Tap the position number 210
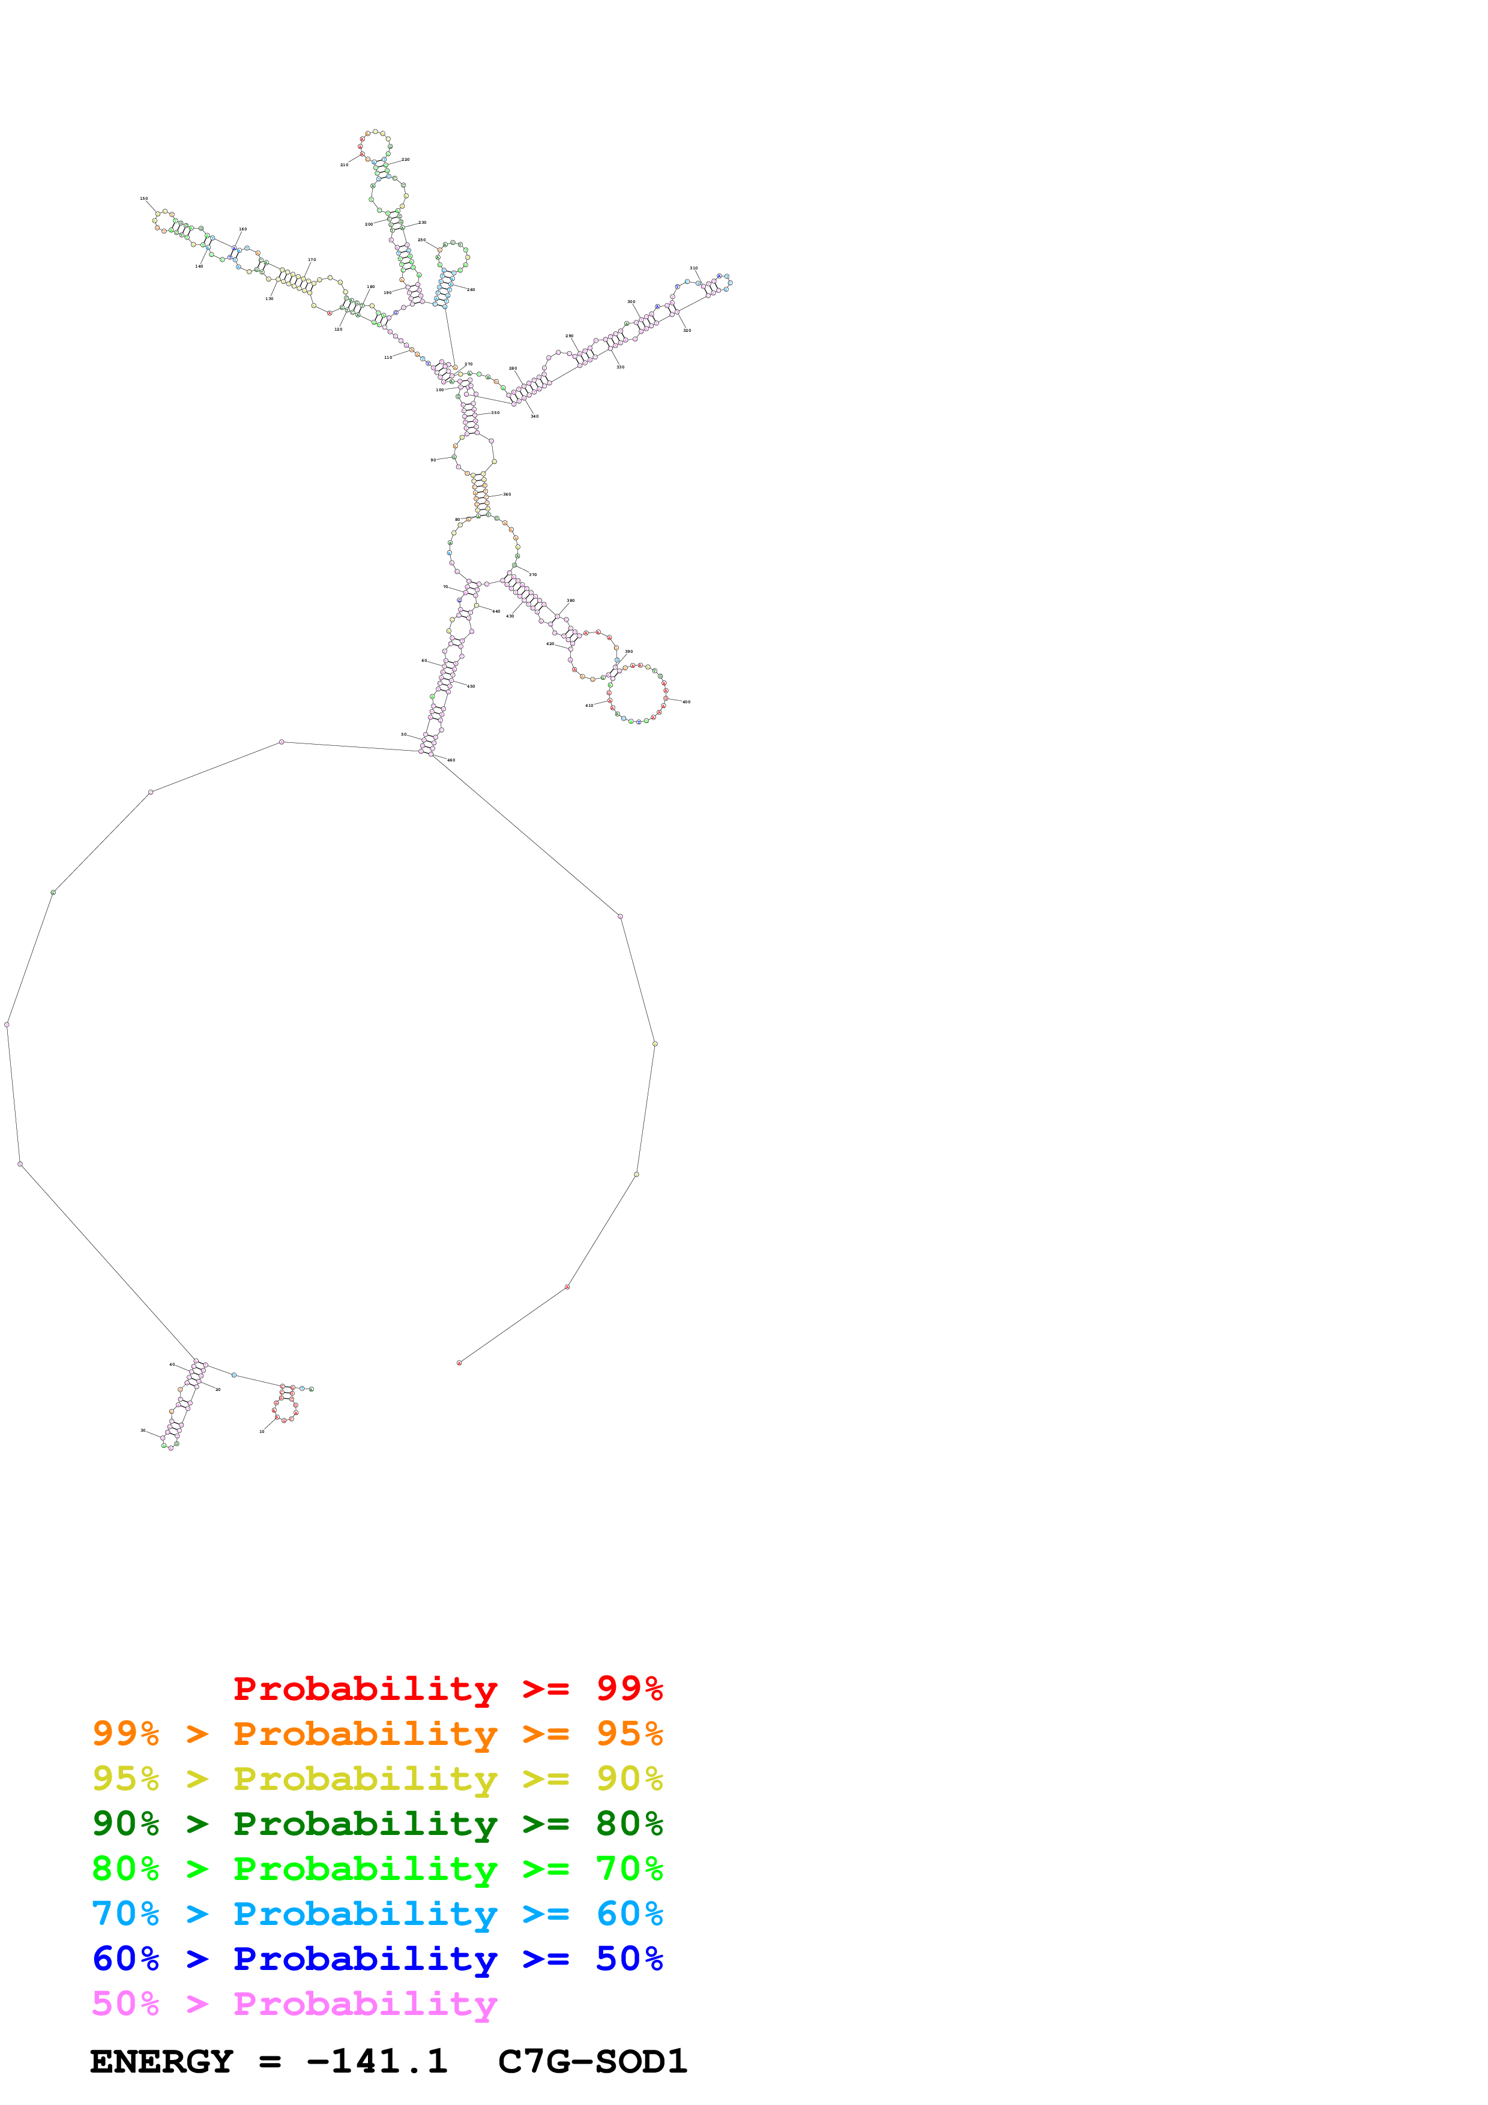[x=344, y=165]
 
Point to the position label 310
[x=694, y=269]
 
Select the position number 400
[x=687, y=702]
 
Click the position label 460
[x=451, y=760]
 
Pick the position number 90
[x=433, y=460]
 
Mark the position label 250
[x=422, y=240]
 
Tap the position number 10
[x=262, y=1431]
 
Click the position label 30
[x=143, y=1430]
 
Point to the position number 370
[x=532, y=575]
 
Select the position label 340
[x=534, y=416]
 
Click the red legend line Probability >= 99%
[x=447, y=1689]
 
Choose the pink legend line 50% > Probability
[x=294, y=2004]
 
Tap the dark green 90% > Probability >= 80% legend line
[x=378, y=1824]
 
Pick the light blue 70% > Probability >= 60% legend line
[x=378, y=1914]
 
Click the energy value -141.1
[x=377, y=2062]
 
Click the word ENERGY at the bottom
[x=161, y=2062]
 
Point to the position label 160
[x=243, y=229]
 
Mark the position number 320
[x=687, y=330]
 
